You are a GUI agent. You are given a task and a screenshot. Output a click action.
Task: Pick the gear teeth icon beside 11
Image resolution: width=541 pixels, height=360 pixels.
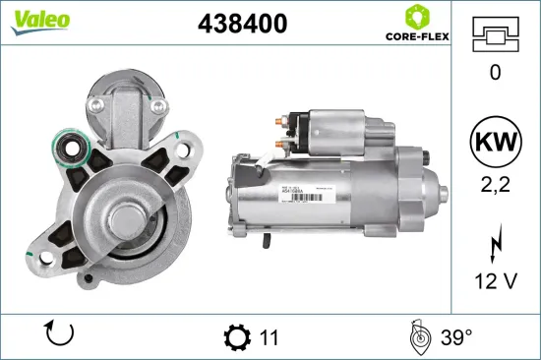tap(237, 337)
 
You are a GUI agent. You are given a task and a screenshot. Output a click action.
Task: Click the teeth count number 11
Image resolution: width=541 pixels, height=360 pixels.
tap(270, 337)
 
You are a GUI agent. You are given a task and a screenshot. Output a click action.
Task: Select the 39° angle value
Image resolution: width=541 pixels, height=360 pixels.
tap(454, 337)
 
